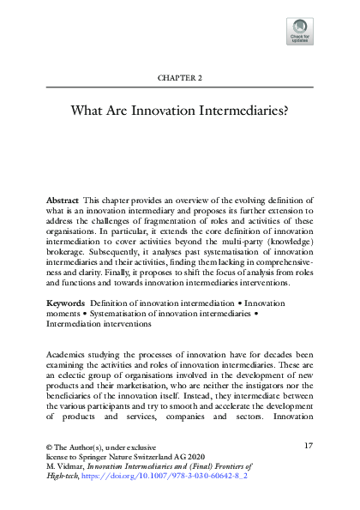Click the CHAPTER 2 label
click(179, 77)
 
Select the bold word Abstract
click(63, 199)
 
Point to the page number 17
click(309, 446)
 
